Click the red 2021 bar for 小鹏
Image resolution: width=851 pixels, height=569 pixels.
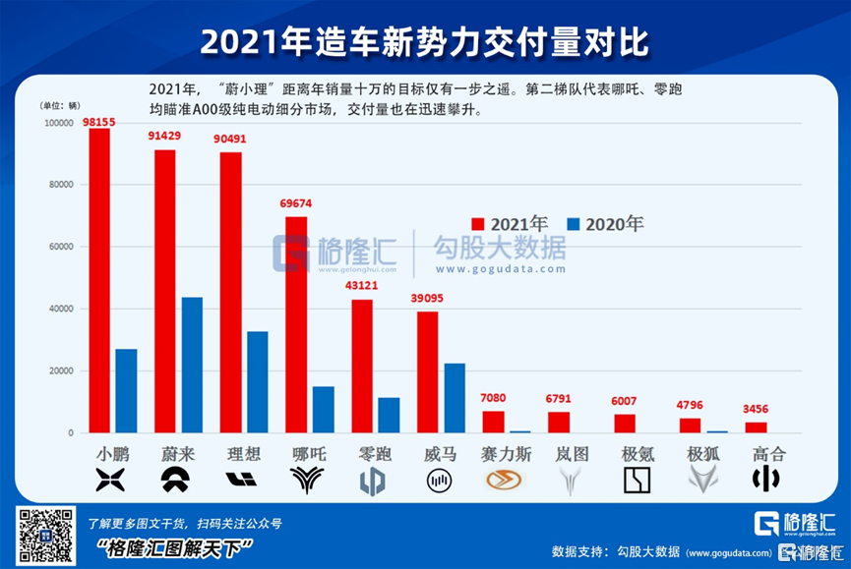[98, 280]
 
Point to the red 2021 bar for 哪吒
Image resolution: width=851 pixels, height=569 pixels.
[296, 324]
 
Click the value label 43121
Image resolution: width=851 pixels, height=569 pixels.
[363, 287]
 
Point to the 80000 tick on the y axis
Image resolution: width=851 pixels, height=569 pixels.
[60, 185]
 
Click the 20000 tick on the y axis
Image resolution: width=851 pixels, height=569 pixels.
[60, 371]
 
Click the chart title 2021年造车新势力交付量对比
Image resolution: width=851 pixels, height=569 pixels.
[425, 42]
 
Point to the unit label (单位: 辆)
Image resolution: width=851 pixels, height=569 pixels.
[61, 104]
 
